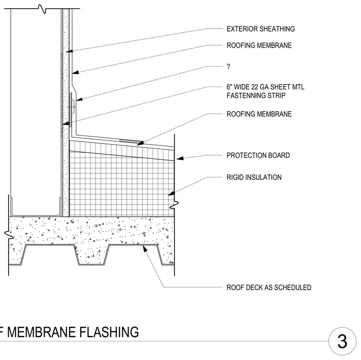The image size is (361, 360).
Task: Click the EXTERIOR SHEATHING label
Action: coord(261,29)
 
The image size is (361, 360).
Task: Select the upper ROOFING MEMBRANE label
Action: coord(259,45)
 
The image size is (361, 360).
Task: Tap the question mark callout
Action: coord(228,67)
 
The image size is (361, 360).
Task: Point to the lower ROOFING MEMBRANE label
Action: coord(259,114)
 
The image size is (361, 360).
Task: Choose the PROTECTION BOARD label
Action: coord(258,156)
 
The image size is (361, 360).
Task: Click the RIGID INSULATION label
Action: coord(254,177)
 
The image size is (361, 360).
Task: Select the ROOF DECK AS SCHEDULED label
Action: coord(269,288)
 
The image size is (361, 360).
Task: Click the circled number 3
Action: coord(342,341)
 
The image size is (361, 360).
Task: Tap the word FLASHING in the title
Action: coord(109,332)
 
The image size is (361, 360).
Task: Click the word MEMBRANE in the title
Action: coord(41,332)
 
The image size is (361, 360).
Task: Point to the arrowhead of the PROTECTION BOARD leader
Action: coord(180,158)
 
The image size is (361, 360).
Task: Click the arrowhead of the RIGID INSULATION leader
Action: coord(171,193)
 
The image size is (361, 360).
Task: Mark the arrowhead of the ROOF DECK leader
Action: coord(145,249)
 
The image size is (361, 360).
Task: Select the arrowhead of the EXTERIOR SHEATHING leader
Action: coord(69,51)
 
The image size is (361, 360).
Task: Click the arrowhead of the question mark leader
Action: coord(79,99)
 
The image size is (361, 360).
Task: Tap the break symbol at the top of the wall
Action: coord(42,9)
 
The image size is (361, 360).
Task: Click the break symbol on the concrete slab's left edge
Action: coord(9,234)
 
